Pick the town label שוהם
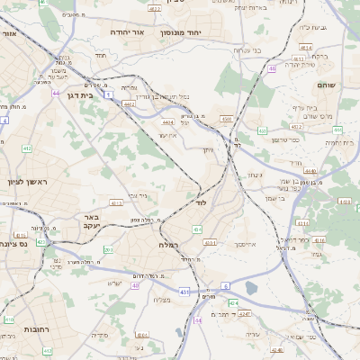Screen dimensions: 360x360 point(326,84)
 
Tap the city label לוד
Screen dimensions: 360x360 point(201,203)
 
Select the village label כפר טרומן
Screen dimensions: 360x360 point(285,139)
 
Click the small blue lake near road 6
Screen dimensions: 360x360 point(251,288)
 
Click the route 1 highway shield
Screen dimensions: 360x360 point(106,94)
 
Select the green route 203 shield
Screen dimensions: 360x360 point(108,249)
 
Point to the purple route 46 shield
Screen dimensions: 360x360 point(272,67)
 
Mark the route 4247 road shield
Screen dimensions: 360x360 point(244,313)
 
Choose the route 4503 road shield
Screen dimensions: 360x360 point(226,118)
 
